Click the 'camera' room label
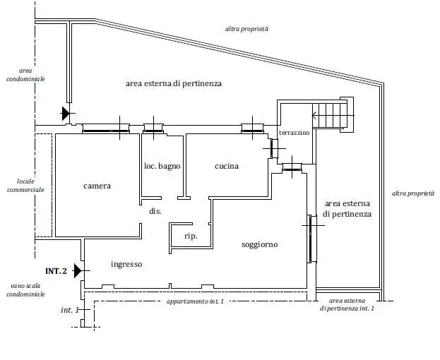pos(97,186)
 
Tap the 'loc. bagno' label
pos(162,166)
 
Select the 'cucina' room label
pos(227,166)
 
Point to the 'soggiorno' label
pos(260,244)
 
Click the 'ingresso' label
pos(126,264)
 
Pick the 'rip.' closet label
pos(191,236)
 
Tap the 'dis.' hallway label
pos(155,211)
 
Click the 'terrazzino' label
pos(294,133)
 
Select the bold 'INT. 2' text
pos(56,271)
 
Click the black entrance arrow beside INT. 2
pos(78,271)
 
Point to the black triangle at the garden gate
pos(66,114)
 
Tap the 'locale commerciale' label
pos(25,186)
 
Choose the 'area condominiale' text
pos(25,75)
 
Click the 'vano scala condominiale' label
pos(25,290)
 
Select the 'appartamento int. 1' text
pos(196,301)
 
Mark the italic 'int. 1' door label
pos(70,310)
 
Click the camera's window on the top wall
pos(106,128)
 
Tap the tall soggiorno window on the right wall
pos(311,239)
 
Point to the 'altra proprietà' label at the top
pos(247,29)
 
